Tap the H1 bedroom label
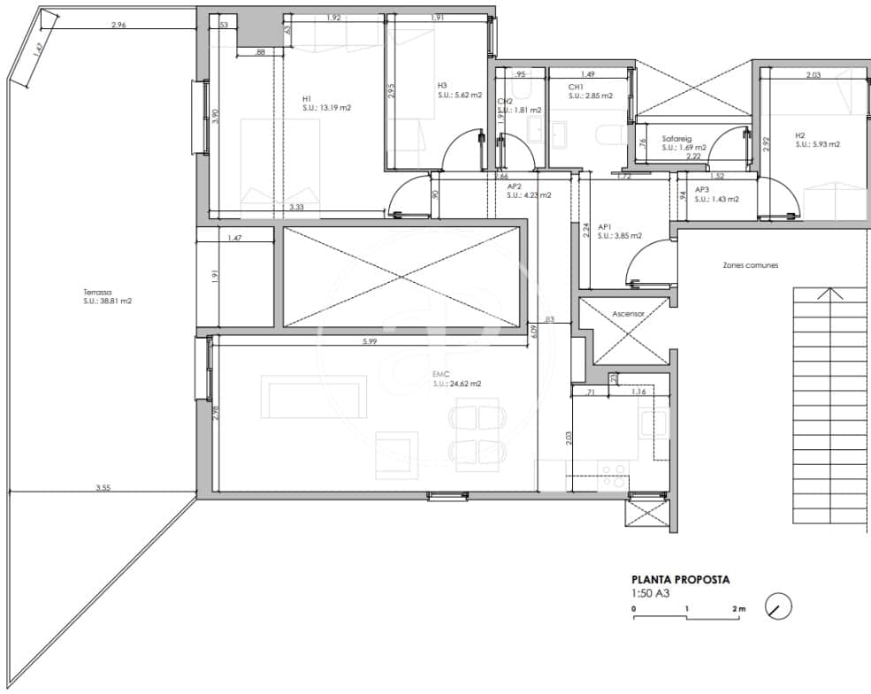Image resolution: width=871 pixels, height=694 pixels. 307,98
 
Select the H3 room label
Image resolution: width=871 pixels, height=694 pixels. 442,86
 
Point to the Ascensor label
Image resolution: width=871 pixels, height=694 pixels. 629,313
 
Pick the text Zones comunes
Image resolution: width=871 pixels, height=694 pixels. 750,265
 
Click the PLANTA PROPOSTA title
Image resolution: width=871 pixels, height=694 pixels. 680,580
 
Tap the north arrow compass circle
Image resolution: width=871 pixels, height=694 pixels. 778,606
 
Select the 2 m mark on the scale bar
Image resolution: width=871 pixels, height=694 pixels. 738,609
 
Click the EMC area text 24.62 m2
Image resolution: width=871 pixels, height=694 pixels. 457,384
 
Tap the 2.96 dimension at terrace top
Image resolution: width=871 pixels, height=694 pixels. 119,25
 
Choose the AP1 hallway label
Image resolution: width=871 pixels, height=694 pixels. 606,226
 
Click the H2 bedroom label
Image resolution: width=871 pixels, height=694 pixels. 800,135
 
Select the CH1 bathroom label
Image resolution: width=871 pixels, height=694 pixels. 575,87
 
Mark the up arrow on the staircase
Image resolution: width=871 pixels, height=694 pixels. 829,294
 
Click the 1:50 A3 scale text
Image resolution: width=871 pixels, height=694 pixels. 650,593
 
